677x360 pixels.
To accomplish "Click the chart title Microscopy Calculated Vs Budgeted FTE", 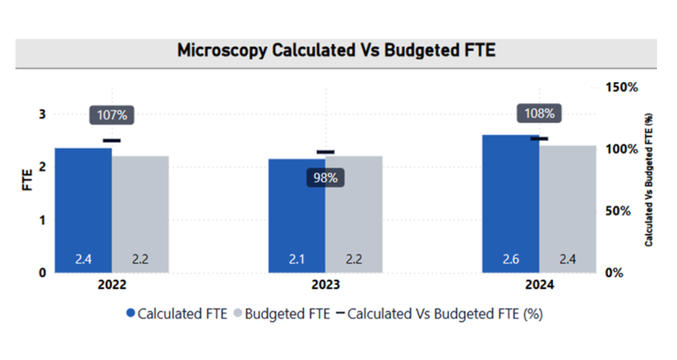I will [x=336, y=50].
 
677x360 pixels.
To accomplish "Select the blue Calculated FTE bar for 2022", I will [x=83, y=207].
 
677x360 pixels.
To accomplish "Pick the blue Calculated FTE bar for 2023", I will [x=297, y=213].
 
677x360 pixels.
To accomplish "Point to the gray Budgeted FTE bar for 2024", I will [x=567, y=207].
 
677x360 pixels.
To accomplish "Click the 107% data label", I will [x=112, y=116].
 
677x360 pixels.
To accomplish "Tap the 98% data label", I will [x=325, y=178].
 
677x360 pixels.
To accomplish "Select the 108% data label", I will [x=539, y=114].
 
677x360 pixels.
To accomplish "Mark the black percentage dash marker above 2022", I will [x=112, y=140].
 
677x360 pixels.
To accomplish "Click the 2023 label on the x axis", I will [x=325, y=285].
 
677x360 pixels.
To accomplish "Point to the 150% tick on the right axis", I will [x=621, y=87].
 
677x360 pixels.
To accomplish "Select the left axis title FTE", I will [x=28, y=180].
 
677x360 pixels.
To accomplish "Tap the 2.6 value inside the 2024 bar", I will [x=511, y=260].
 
